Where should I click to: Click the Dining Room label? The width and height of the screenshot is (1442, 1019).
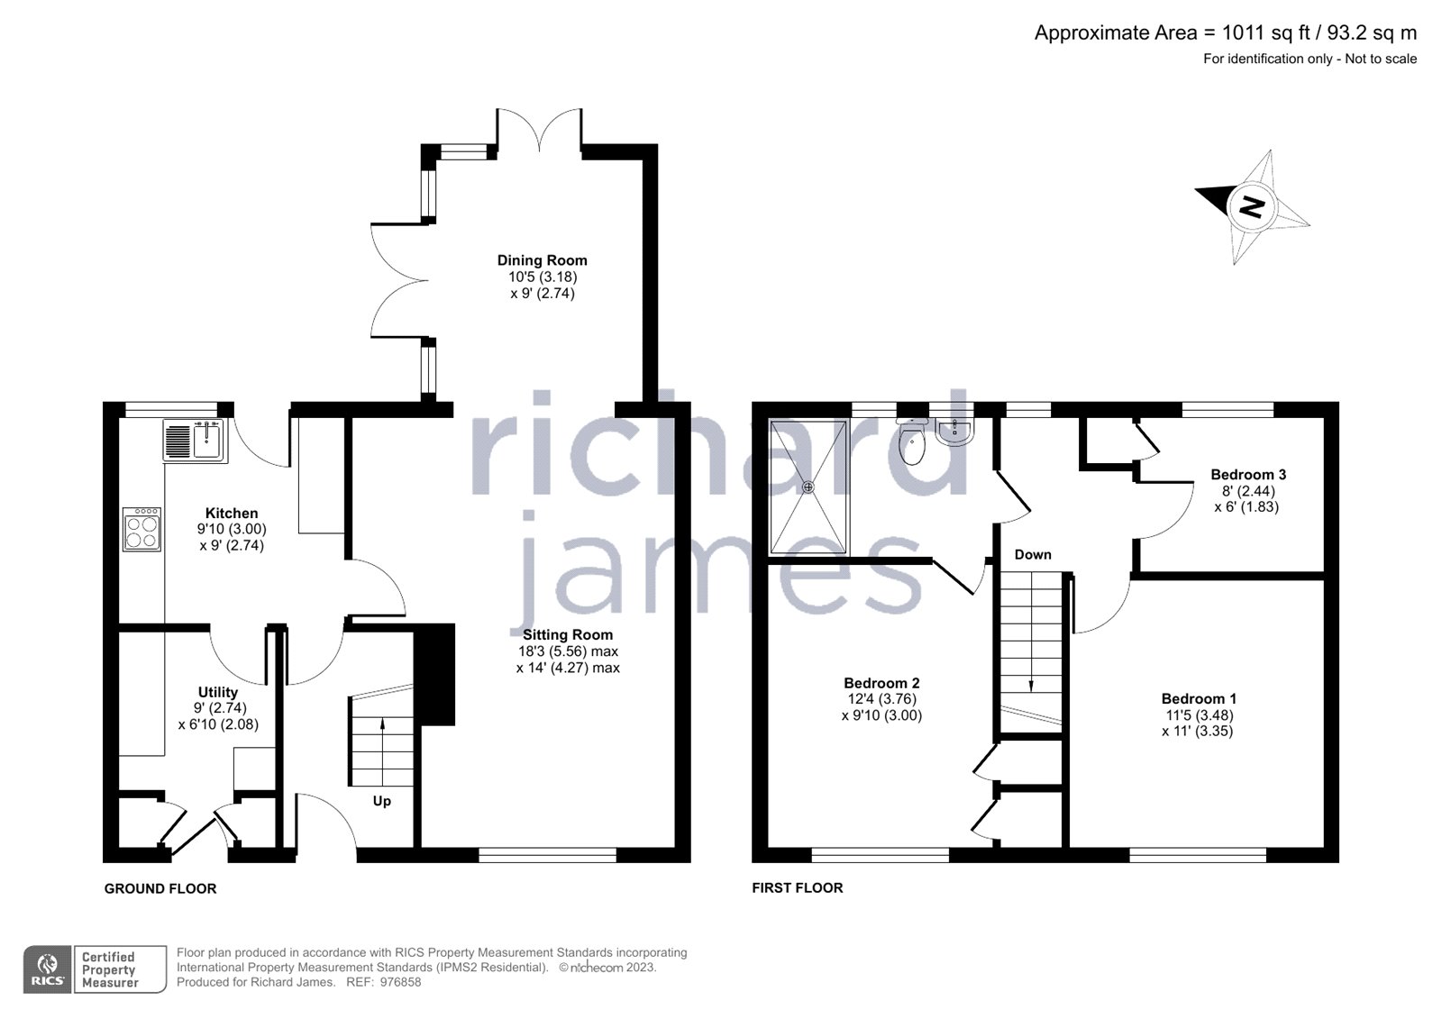pos(542,260)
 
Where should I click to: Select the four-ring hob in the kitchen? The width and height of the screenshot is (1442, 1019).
pos(142,529)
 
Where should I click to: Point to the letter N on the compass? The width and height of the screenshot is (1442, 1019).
pos(1251,207)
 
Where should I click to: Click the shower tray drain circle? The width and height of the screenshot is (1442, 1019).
pos(808,487)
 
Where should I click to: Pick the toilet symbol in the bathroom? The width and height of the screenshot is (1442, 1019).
pos(912,443)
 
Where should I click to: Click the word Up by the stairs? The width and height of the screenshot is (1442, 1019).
pos(381,801)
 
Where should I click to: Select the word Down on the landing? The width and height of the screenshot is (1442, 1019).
pos(1033,554)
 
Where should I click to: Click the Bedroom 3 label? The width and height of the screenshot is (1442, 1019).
pos(1247,475)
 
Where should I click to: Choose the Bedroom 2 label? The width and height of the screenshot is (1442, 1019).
pos(881,683)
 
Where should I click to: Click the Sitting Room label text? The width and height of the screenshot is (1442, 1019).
pos(567,634)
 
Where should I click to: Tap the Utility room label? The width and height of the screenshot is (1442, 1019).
pos(218,692)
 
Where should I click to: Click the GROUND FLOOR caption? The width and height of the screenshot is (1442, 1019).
pos(160,888)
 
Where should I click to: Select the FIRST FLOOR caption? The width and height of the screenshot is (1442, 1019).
pos(798,887)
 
